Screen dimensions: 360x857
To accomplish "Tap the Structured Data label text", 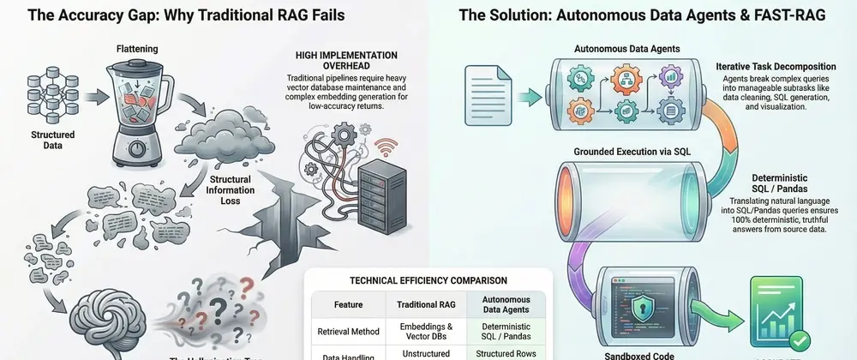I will pos(54,141).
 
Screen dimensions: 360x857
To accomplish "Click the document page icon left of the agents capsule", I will pos(487,90).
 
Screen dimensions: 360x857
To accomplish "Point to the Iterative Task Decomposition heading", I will pos(778,66).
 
